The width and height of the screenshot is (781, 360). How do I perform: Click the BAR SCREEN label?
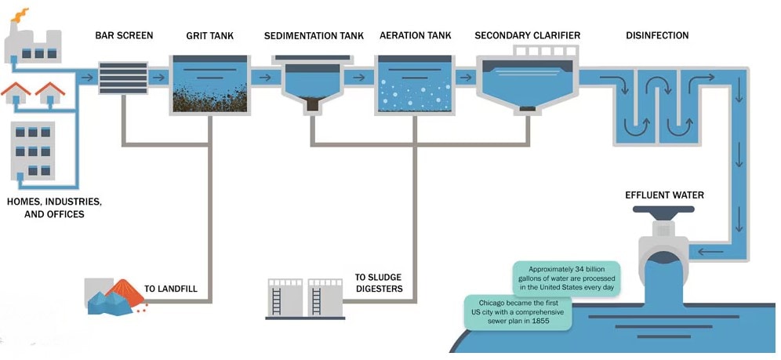124,35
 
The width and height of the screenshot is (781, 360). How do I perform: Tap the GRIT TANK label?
209,35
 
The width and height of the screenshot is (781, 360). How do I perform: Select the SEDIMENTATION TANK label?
314,35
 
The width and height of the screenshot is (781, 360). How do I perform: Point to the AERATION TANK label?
415,35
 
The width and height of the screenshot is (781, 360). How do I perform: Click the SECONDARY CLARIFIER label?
527,35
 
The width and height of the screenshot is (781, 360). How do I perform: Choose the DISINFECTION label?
657,35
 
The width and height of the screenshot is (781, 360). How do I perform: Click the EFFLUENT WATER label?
664,195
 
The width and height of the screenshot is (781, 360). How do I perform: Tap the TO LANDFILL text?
170,289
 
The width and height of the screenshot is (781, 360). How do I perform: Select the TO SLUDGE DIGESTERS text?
378,282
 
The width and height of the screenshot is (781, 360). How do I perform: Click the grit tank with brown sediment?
209,86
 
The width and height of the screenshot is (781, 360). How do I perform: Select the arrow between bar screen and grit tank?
159,77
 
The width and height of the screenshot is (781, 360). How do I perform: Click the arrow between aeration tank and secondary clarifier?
465,77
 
